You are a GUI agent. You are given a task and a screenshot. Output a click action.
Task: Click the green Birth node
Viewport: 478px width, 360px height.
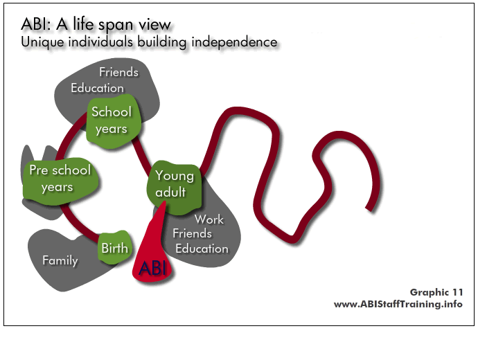point(115,247)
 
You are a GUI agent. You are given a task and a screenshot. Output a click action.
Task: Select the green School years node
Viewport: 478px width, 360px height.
point(113,121)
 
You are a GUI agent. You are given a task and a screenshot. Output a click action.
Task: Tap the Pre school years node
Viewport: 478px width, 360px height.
point(60,180)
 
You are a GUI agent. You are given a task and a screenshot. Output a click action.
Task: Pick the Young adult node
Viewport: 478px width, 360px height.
point(174,186)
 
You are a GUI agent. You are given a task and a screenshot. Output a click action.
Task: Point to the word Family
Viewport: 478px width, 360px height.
point(60,260)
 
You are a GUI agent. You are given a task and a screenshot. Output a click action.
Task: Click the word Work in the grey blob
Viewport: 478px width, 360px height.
point(209,219)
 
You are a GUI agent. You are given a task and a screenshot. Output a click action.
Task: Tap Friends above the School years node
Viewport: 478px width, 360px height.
point(118,72)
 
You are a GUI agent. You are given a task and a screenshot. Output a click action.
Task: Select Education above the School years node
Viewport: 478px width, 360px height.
point(97,88)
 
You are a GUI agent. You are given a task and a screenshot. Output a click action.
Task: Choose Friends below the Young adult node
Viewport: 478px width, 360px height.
point(192,233)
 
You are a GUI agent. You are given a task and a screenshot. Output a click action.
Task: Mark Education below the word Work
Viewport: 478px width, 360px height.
point(202,249)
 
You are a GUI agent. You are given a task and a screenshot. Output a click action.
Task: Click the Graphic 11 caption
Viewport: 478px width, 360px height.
point(436,292)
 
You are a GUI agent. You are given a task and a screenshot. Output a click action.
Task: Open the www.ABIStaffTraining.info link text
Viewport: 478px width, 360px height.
point(398,304)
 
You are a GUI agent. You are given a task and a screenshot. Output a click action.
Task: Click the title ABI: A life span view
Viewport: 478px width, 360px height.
point(96,24)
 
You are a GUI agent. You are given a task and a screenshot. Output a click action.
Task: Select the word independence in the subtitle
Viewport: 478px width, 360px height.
point(234,42)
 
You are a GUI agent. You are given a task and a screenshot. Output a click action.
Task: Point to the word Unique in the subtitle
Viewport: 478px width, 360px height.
point(43,42)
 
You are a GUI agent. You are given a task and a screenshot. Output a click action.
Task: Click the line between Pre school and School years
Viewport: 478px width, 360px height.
point(69,134)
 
